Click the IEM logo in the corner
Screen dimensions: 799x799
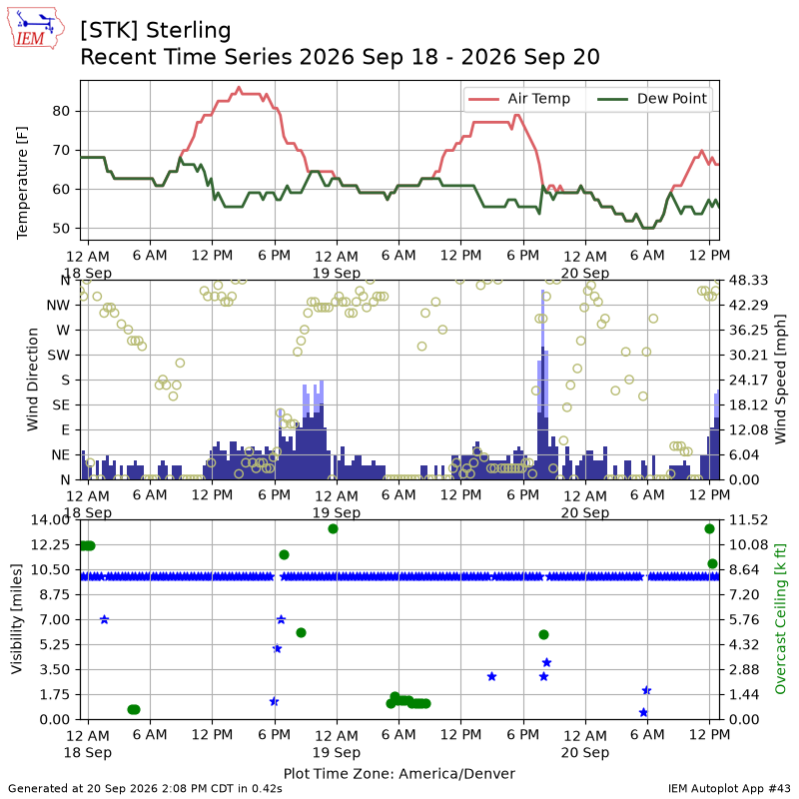[x=36, y=28]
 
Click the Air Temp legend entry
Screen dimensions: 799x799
[x=519, y=98]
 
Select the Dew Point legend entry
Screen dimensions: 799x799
[x=652, y=98]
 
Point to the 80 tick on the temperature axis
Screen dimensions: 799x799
[x=61, y=111]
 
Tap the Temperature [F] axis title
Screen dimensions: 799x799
[x=22, y=183]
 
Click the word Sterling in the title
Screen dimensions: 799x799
[x=189, y=31]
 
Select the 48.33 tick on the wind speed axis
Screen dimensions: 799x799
[x=748, y=281]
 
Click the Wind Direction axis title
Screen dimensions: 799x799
[x=33, y=380]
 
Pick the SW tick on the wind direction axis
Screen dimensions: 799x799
[x=59, y=356]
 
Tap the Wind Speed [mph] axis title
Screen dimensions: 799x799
[x=780, y=380]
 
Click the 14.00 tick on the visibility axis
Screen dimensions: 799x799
[x=50, y=519]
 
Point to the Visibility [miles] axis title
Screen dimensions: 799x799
[x=17, y=618]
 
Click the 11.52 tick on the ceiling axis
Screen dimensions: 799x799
[x=748, y=519]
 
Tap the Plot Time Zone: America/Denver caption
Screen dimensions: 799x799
[x=399, y=773]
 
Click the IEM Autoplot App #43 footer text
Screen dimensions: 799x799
[x=729, y=788]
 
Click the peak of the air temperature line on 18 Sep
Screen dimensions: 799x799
[x=239, y=88]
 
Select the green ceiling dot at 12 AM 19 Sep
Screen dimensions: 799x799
[x=334, y=529]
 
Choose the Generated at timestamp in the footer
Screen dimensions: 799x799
[x=145, y=788]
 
